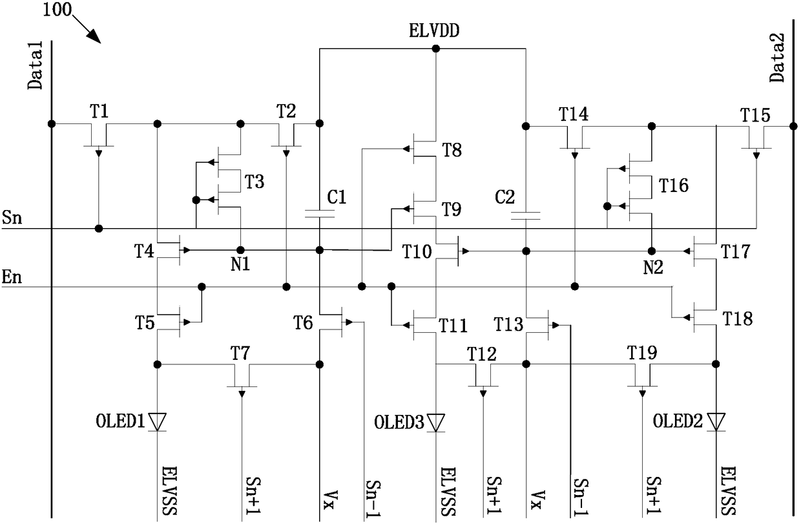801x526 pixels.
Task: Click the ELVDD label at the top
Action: click(x=433, y=31)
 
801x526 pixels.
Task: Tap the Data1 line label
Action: click(x=36, y=65)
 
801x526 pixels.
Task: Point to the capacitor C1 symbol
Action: click(x=320, y=214)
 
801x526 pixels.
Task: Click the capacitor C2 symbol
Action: click(x=526, y=215)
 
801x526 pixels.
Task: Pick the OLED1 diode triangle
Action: click(x=158, y=421)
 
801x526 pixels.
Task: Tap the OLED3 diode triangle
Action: click(x=436, y=423)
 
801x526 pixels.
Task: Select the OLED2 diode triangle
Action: click(x=716, y=422)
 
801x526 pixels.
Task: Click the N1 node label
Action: click(x=240, y=265)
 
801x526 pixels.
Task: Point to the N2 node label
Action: click(x=653, y=268)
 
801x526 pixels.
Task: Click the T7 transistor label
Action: click(x=240, y=353)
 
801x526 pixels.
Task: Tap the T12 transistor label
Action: click(x=482, y=354)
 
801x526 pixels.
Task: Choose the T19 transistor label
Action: click(x=642, y=353)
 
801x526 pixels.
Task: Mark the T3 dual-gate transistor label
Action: click(x=255, y=182)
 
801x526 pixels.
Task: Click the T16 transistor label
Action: click(x=674, y=185)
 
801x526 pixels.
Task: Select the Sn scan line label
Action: click(x=12, y=217)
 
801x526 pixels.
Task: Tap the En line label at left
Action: click(x=12, y=277)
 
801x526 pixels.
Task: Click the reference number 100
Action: click(x=57, y=10)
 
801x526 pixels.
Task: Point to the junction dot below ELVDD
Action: click(x=436, y=48)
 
